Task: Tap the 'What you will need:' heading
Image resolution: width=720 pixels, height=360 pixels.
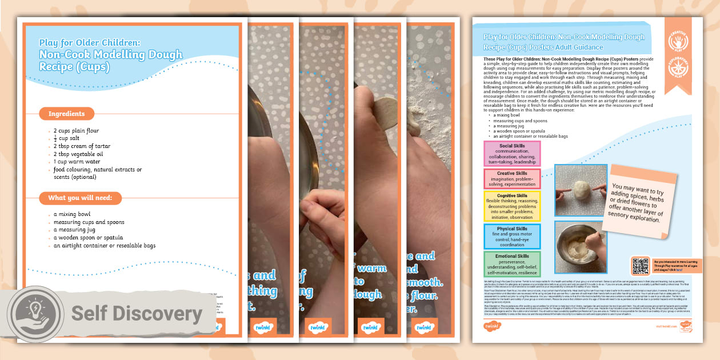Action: [x=80, y=198]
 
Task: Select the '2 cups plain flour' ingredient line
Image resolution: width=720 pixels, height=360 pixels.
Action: [x=76, y=131]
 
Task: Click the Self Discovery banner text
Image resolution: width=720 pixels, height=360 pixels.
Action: [x=137, y=314]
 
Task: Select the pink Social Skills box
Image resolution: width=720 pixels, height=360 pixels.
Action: [x=512, y=153]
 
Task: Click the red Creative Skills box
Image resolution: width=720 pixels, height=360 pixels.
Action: [x=512, y=178]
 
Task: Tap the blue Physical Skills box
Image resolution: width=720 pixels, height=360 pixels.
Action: [x=512, y=237]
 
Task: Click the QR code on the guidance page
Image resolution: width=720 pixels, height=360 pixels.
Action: [x=639, y=266]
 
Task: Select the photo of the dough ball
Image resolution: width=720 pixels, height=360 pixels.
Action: [x=581, y=191]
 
